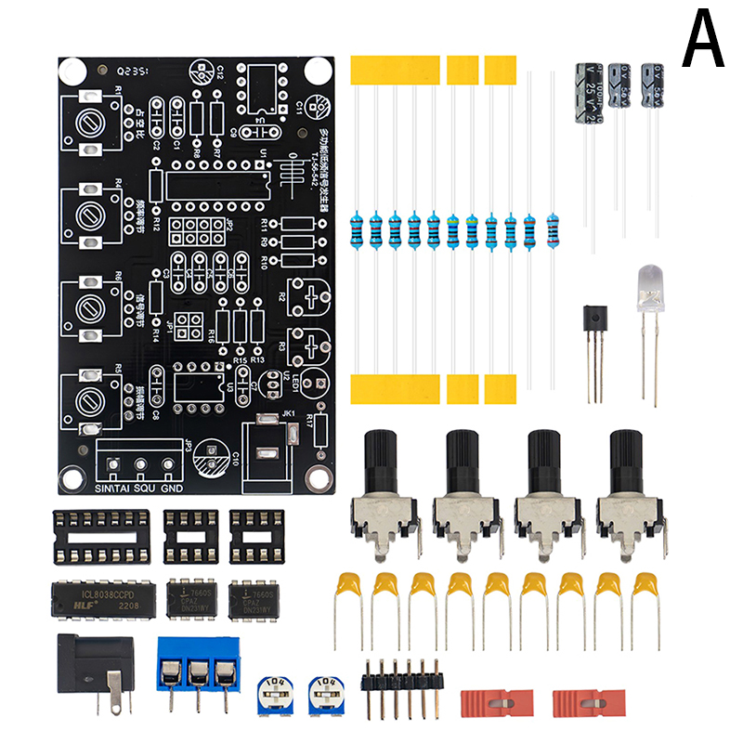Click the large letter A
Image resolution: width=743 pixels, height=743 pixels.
pyautogui.click(x=702, y=39)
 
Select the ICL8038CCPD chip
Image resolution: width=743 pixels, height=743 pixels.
pyautogui.click(x=99, y=600)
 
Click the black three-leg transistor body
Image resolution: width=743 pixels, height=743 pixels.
pyautogui.click(x=593, y=322)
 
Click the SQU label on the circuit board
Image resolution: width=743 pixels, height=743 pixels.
pyautogui.click(x=143, y=487)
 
